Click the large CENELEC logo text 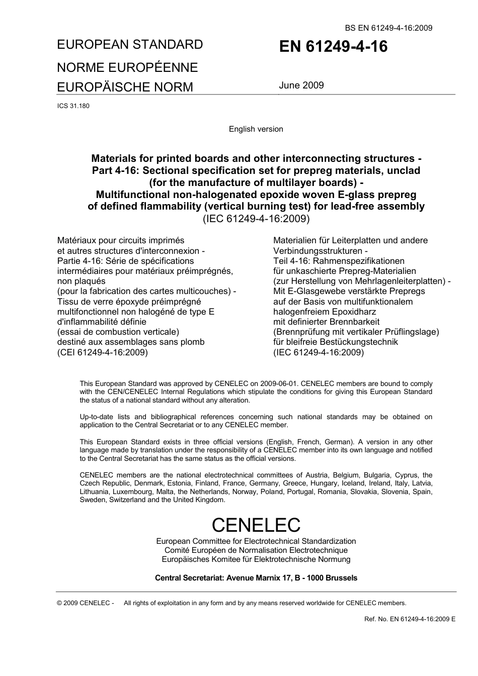(256, 525)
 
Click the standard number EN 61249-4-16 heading (333, 47)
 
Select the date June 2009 (301, 85)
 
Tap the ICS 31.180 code (73, 106)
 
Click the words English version (256, 129)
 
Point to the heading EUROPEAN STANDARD (130, 45)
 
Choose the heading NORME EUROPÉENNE (127, 67)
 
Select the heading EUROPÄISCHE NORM (125, 87)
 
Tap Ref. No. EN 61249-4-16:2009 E (410, 619)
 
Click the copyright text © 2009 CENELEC (86, 603)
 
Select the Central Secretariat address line (256, 578)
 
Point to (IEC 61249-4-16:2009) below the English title (256, 219)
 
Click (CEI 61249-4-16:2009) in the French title (103, 352)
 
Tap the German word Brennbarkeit (355, 322)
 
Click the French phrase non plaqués (81, 281)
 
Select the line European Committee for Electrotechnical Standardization (256, 541)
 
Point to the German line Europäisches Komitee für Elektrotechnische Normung (256, 559)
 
